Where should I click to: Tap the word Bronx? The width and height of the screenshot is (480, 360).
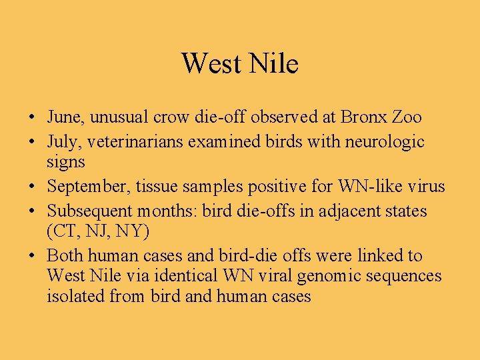coord(364,117)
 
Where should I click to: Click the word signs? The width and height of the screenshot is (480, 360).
coord(66,162)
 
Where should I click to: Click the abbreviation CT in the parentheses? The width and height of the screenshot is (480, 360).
coord(63,231)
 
